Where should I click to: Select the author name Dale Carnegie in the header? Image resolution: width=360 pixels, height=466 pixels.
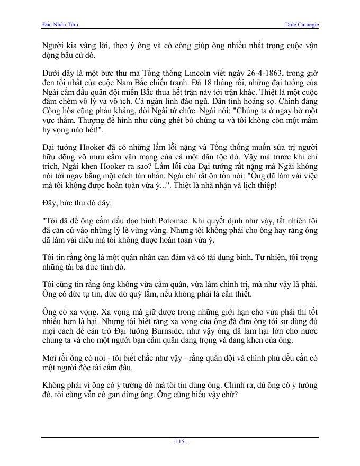[302, 25]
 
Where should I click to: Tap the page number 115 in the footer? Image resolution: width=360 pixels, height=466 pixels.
[180, 442]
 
